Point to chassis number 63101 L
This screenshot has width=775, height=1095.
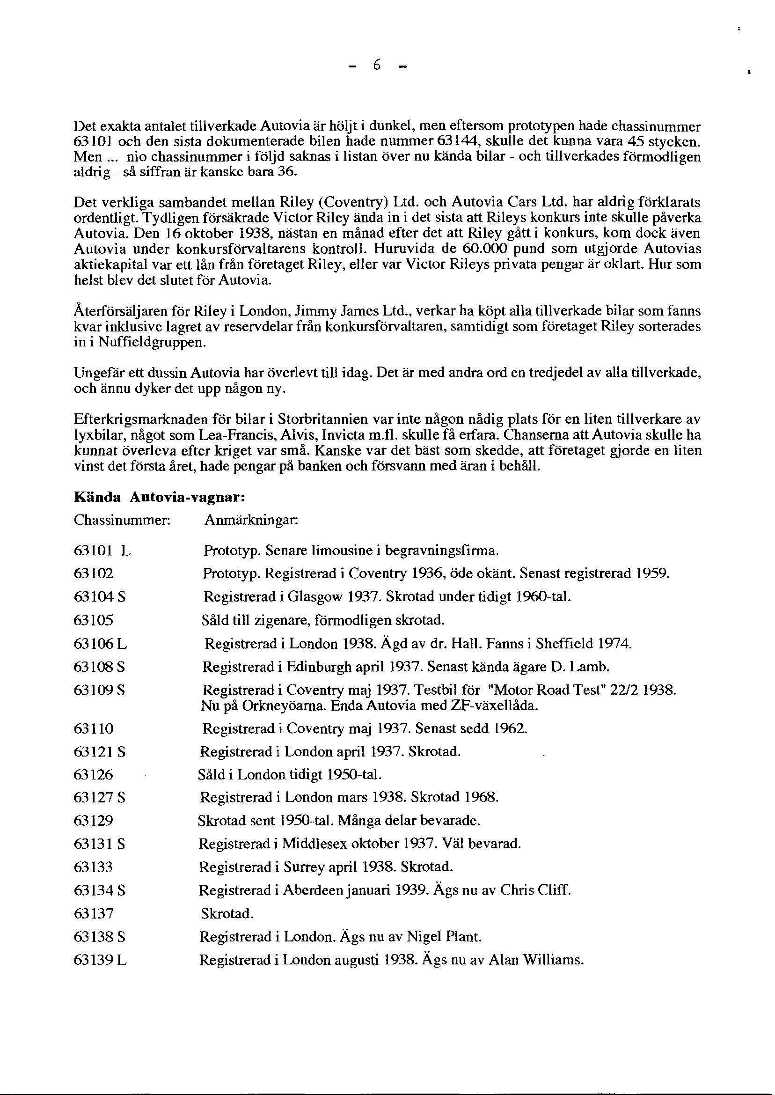(x=102, y=551)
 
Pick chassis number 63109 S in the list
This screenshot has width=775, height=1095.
(x=99, y=690)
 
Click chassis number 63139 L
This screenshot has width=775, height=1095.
(x=100, y=960)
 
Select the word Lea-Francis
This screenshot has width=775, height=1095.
(x=227, y=435)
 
